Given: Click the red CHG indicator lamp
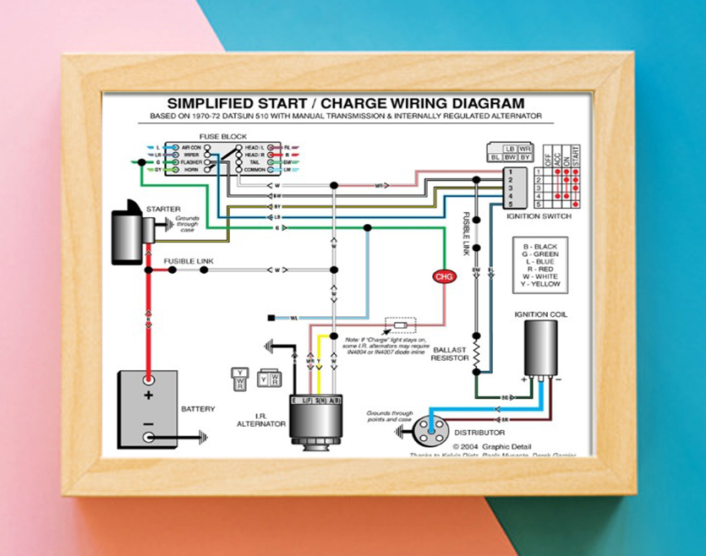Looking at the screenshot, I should pos(443,276).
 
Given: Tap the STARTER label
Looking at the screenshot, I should pos(162,208).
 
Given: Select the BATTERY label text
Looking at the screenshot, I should pos(198,409).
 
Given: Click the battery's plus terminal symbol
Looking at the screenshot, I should pos(149,395).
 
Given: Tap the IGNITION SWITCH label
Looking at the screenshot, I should pos(539,216).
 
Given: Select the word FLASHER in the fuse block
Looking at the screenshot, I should pos(191,161).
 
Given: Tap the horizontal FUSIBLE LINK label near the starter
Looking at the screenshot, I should pos(188,262).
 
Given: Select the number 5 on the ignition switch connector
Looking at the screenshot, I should pos(510,204).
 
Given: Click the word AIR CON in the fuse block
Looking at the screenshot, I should pos(190,146).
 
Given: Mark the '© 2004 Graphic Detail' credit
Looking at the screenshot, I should pos(490,446).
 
